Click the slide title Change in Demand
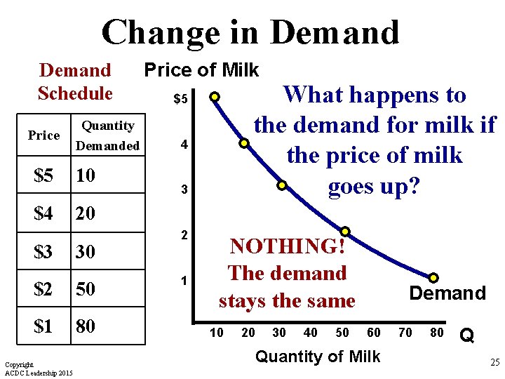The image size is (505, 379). click(250, 32)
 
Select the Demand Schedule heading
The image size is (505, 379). click(75, 81)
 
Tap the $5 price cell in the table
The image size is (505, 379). click(43, 175)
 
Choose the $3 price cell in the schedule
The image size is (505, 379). click(43, 251)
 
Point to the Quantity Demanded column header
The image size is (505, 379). click(108, 135)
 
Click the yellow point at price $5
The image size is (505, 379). click(215, 97)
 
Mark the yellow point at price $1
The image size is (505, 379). click(434, 278)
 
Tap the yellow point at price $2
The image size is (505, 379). click(346, 231)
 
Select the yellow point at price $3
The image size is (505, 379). click(281, 186)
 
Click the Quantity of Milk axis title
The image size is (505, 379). click(317, 357)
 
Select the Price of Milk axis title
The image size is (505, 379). click(201, 70)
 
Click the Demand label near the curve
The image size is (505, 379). click(447, 293)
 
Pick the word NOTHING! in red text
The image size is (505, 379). click(287, 246)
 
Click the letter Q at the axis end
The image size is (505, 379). click(466, 336)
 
